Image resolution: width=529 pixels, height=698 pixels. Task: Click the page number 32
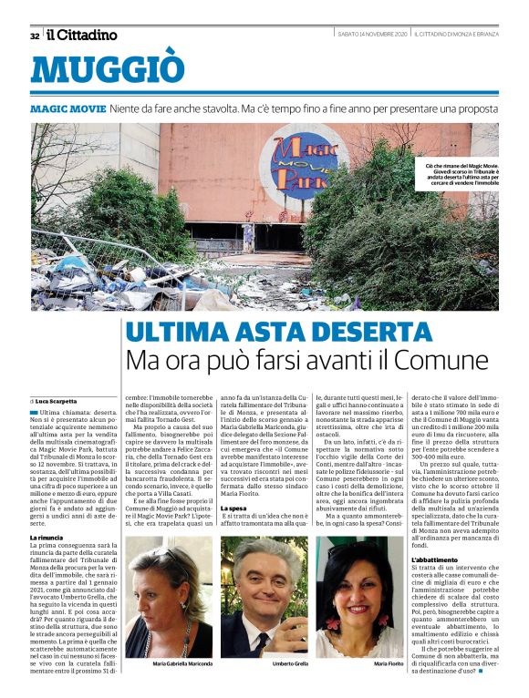coord(35,36)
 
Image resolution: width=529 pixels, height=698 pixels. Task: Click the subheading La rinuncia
coord(47,538)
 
